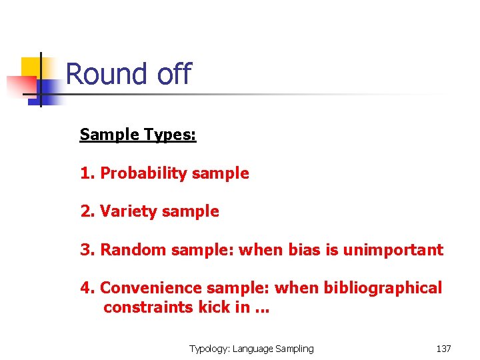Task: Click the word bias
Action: point(304,250)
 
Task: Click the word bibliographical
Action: point(383,288)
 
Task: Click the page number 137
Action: point(443,349)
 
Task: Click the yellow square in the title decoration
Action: point(31,67)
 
